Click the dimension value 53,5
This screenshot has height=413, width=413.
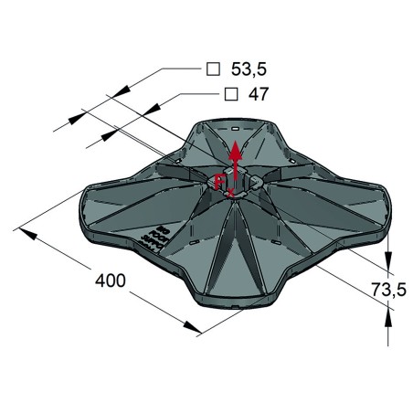click(x=249, y=69)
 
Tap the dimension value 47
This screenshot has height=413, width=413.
click(x=259, y=94)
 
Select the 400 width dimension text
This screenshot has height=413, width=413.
click(x=111, y=281)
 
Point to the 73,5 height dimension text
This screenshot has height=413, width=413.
click(x=388, y=290)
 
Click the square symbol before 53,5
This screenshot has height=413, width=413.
click(x=213, y=69)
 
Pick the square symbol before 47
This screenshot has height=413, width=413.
click(x=231, y=94)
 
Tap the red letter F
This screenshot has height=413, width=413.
click(x=219, y=182)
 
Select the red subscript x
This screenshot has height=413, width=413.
click(x=230, y=192)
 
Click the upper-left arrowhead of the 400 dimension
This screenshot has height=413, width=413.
click(x=28, y=233)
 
